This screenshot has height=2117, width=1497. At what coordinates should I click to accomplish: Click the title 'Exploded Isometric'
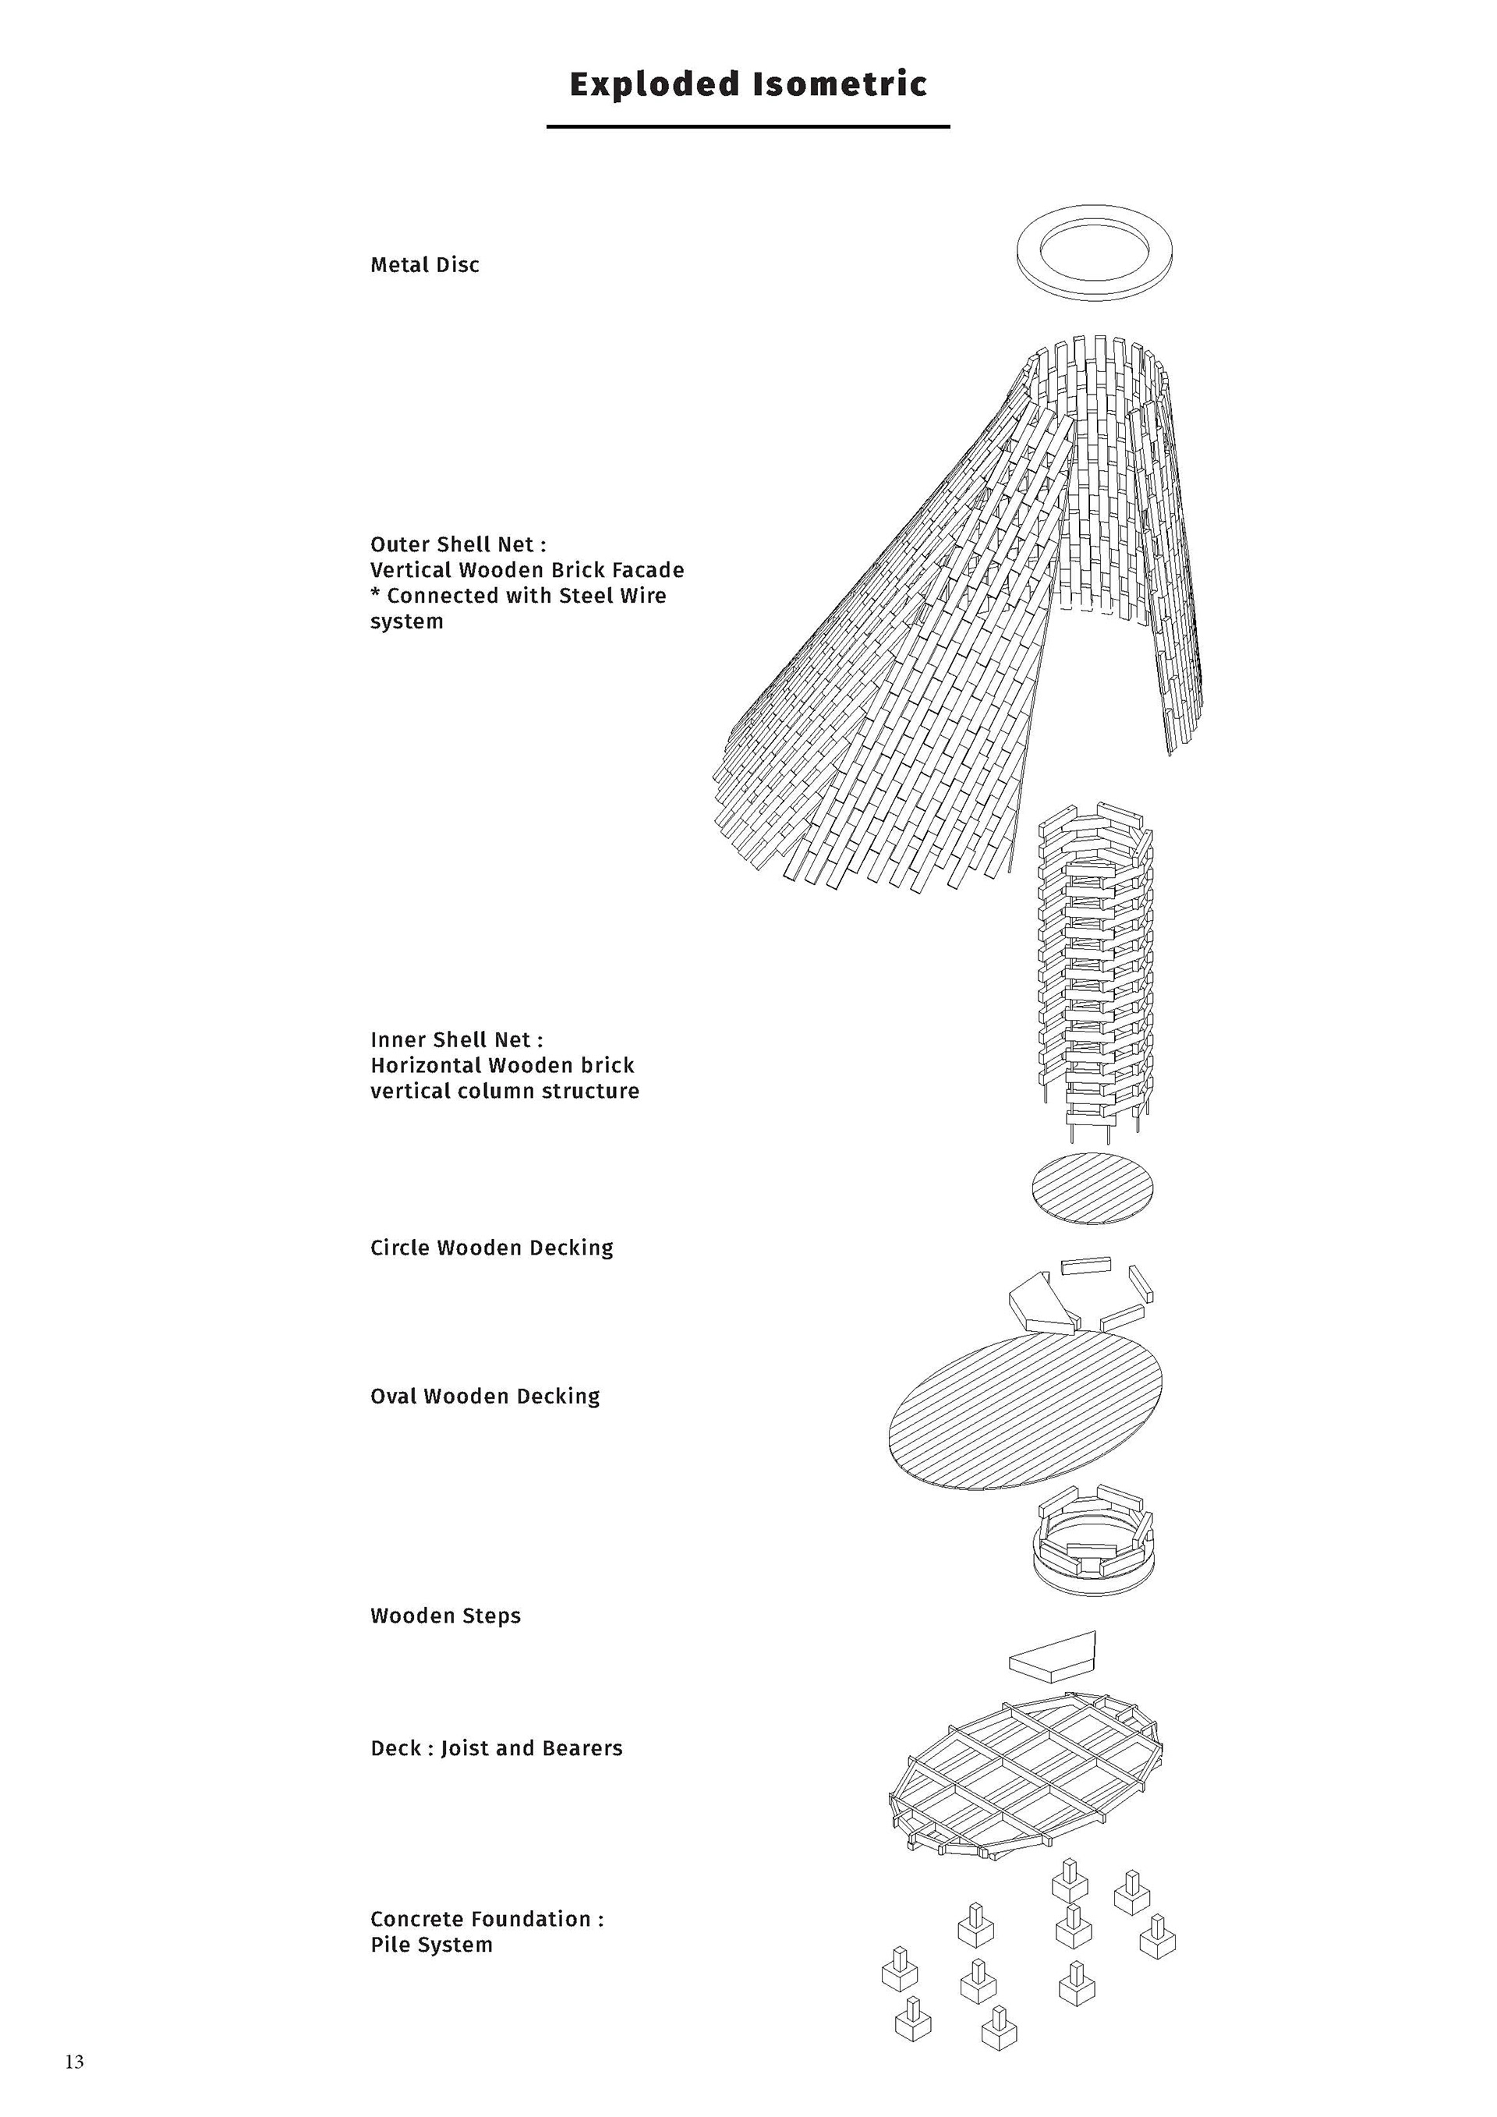[748, 84]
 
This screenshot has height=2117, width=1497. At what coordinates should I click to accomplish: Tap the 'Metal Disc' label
[425, 266]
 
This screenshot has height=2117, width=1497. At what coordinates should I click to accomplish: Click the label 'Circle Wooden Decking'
[491, 1248]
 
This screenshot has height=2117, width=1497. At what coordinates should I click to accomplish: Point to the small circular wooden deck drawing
[1093, 1188]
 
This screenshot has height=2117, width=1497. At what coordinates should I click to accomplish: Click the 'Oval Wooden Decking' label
[485, 1397]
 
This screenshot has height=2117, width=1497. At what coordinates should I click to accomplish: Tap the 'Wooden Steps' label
[445, 1616]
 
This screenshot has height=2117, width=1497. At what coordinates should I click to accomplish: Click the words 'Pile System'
[431, 1945]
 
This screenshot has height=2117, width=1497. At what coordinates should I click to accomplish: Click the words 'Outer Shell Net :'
[458, 545]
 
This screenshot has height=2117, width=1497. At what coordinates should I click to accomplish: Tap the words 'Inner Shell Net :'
[456, 1040]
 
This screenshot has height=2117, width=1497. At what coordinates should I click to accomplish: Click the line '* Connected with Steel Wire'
[518, 597]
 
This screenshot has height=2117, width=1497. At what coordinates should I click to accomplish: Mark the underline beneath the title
[748, 126]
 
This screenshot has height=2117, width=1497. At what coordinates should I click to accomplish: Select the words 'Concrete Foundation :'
[487, 1920]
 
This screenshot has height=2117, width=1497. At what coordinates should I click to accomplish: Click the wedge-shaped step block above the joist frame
[1053, 1656]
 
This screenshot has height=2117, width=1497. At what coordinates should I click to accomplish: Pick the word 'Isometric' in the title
[840, 84]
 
